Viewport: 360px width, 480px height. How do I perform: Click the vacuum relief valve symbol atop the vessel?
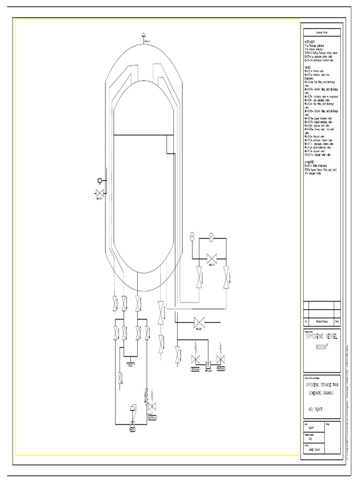point(143,35)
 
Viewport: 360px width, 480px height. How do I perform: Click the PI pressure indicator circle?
point(192,237)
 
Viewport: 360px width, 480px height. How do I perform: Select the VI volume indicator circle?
point(211,238)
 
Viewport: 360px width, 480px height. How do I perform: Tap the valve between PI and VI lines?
point(211,257)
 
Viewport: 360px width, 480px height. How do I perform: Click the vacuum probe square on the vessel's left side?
point(99,180)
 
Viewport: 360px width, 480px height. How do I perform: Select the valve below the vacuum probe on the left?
point(99,192)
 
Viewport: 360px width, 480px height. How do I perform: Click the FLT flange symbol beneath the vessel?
point(131,364)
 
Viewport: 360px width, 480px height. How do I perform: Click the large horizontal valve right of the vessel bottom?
point(199,322)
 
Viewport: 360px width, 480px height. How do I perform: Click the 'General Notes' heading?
point(322,32)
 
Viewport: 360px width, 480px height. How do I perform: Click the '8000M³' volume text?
point(322,347)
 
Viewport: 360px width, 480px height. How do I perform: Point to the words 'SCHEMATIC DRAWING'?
point(322,393)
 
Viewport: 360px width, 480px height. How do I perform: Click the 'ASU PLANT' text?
point(315,409)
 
